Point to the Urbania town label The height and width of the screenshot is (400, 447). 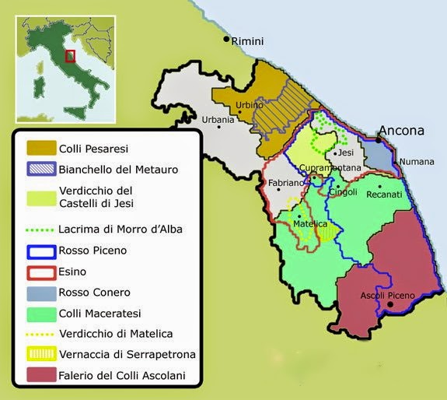tap(218, 120)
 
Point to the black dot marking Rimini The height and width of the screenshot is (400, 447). tap(226, 39)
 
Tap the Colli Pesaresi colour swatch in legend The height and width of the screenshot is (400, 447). tap(40, 146)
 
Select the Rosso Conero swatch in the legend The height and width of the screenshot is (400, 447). tap(40, 293)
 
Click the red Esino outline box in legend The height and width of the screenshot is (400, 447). tap(40, 272)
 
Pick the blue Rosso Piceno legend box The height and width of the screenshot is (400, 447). tap(40, 251)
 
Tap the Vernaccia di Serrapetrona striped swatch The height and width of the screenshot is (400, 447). tap(40, 355)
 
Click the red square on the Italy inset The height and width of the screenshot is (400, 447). tap(71, 55)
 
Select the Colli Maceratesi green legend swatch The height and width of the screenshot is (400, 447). tap(40, 314)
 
